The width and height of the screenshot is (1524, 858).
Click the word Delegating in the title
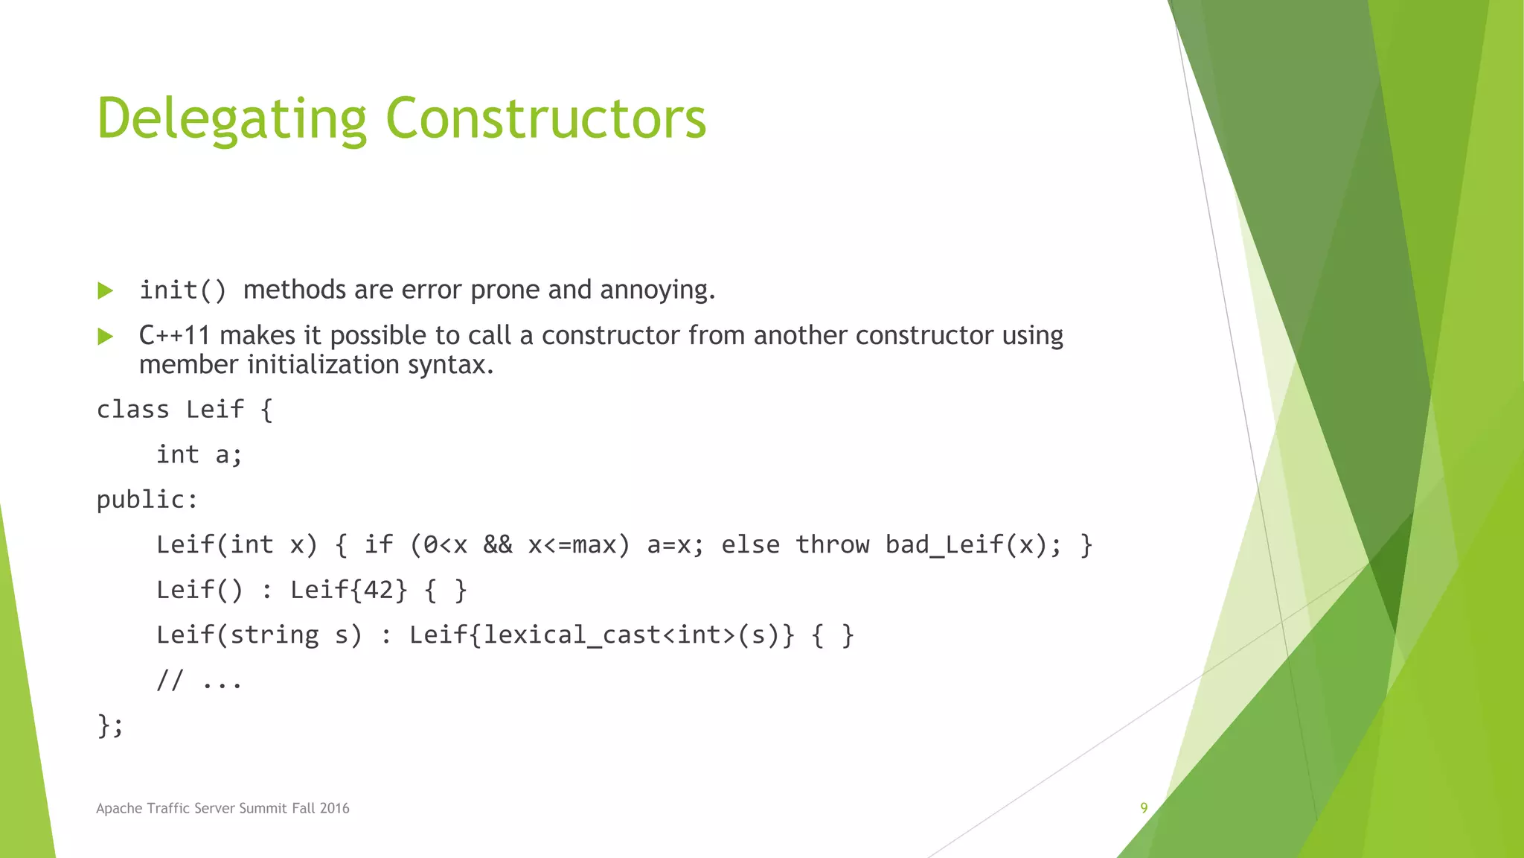tap(231, 119)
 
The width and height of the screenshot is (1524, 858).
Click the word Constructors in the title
tap(545, 119)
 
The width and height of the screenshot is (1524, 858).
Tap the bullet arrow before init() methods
tap(106, 291)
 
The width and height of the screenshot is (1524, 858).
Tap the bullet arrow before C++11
tap(106, 337)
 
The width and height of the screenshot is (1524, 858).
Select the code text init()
tap(182, 290)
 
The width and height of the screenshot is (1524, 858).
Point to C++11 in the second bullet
tap(174, 336)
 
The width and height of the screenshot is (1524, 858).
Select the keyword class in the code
tap(133, 410)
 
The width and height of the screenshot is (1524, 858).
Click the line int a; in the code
tap(199, 455)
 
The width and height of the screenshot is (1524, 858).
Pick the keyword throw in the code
tap(832, 545)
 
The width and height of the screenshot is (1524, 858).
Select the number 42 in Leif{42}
tap(379, 591)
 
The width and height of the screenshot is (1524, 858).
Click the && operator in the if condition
tap(497, 545)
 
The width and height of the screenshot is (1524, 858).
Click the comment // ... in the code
tap(199, 681)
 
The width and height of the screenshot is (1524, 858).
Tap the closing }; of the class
tap(110, 725)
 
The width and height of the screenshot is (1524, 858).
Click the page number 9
tap(1144, 808)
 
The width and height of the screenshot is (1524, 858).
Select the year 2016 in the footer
tap(334, 809)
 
